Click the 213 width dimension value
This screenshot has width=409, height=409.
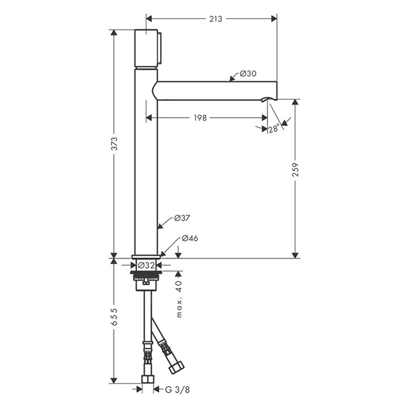click(x=216, y=19)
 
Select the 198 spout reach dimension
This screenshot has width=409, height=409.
click(x=200, y=118)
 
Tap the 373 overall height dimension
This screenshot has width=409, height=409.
click(x=115, y=144)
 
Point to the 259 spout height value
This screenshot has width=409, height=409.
click(x=295, y=169)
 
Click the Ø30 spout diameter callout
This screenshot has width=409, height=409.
click(x=248, y=74)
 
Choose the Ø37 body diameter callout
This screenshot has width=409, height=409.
click(x=182, y=218)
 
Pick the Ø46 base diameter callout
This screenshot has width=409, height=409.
click(x=190, y=238)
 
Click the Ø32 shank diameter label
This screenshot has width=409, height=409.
click(x=146, y=265)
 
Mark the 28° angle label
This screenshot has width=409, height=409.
click(x=274, y=129)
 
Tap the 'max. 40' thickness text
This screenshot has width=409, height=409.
click(x=179, y=299)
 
